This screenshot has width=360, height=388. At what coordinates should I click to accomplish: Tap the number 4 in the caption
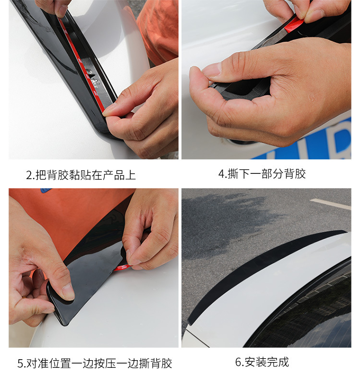pos(221,174)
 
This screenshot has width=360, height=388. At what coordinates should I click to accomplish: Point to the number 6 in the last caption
pos(238,362)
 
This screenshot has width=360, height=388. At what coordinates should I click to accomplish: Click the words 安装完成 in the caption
pos(267,362)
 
